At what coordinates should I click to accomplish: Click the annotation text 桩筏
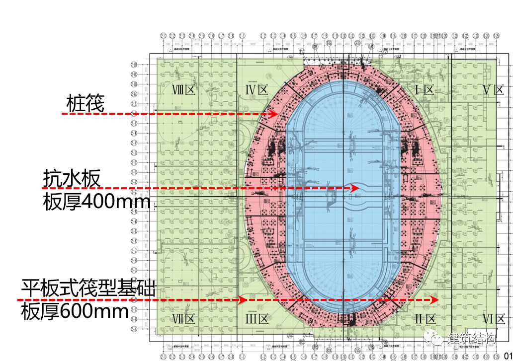85,104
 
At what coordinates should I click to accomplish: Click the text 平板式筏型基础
88,289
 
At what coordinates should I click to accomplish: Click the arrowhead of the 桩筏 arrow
274,114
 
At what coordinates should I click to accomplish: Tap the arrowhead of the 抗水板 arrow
355,188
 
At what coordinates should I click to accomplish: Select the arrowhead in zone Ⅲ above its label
243,300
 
